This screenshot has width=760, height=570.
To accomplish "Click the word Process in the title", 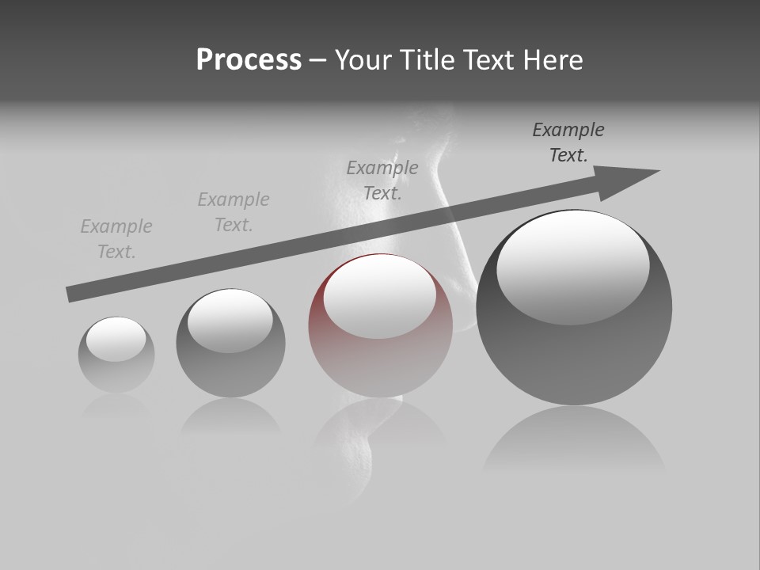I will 249,60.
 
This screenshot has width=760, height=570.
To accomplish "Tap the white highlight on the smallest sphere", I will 116,339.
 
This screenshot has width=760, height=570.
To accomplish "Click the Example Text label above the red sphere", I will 382,180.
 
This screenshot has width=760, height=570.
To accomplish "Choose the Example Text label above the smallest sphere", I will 116,239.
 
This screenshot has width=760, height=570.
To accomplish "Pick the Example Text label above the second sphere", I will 234,212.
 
